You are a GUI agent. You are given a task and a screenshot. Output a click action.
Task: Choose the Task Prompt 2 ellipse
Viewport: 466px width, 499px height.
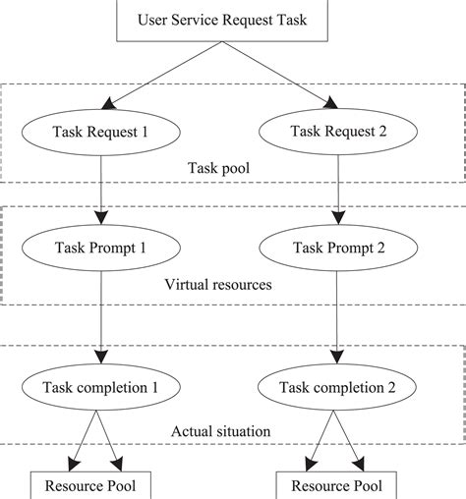point(338,249)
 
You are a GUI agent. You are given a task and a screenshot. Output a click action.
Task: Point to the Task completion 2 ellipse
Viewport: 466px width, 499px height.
point(338,387)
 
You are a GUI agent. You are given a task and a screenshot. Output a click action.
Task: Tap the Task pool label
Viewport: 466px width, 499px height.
point(217,166)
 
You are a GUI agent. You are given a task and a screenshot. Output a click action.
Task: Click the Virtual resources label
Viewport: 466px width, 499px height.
point(218,285)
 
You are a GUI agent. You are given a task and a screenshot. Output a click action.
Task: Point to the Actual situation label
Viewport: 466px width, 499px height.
point(217,430)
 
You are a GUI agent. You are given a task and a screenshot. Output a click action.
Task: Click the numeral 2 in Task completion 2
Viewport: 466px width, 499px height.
point(390,387)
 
